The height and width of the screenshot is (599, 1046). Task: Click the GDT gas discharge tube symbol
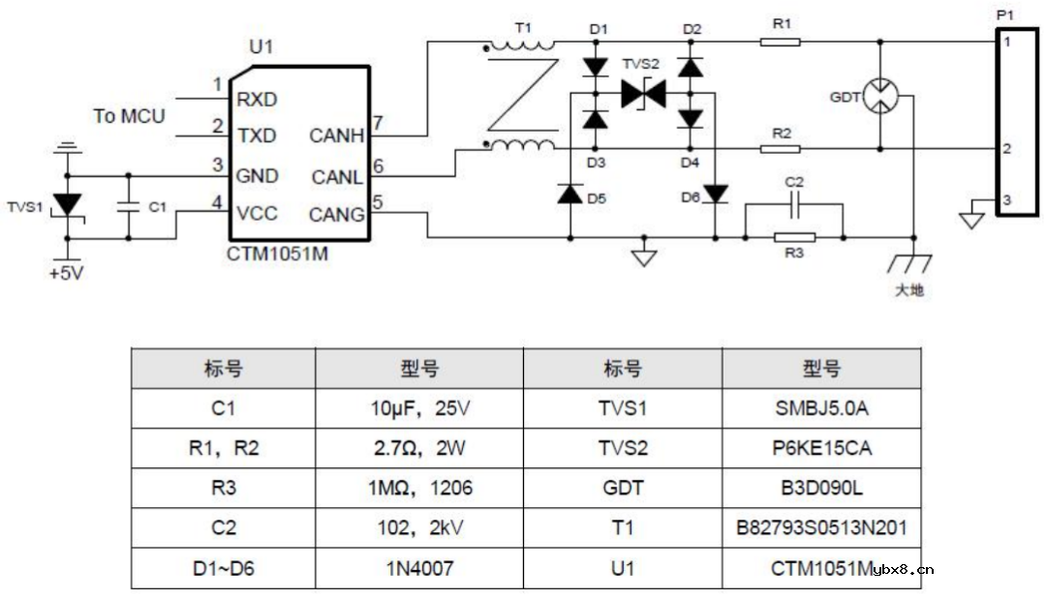(879, 95)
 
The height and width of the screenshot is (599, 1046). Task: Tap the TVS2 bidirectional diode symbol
(644, 94)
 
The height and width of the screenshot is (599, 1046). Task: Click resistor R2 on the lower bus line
(780, 149)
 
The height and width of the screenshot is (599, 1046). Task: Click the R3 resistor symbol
(794, 236)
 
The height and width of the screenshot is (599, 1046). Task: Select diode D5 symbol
(569, 194)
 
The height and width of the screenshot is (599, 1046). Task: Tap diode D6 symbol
(715, 195)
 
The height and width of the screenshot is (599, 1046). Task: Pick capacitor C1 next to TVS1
(127, 206)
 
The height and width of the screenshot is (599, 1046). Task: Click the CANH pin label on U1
(336, 136)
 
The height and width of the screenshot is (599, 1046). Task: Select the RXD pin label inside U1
(257, 99)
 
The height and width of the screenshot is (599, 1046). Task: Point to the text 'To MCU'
(129, 116)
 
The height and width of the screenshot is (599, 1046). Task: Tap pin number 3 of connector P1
(1007, 200)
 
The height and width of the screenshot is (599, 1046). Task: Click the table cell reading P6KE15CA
(820, 448)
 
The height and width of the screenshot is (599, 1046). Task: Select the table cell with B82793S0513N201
(820, 527)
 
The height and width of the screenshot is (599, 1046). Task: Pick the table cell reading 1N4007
(419, 568)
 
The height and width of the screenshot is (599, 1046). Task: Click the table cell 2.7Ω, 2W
(419, 448)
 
